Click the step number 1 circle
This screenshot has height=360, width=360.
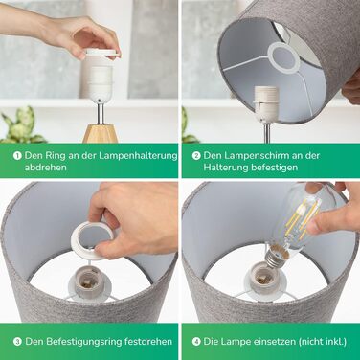click(x=17, y=156)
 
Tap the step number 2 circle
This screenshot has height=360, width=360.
click(x=196, y=156)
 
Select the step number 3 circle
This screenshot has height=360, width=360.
click(x=17, y=342)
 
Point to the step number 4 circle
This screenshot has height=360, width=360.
click(x=196, y=342)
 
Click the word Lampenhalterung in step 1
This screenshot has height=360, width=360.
click(x=138, y=156)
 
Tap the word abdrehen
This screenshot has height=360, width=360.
click(x=46, y=168)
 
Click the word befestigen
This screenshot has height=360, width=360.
click(x=274, y=168)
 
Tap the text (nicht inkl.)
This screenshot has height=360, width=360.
click(x=323, y=342)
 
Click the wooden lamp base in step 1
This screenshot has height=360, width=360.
click(x=101, y=134)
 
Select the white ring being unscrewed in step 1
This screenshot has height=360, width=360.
click(x=101, y=54)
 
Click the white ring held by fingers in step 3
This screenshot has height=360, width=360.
click(x=92, y=240)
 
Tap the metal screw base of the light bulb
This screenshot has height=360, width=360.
click(x=274, y=258)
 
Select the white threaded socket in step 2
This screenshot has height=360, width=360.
click(x=266, y=100)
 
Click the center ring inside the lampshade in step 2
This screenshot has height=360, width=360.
click(x=283, y=57)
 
